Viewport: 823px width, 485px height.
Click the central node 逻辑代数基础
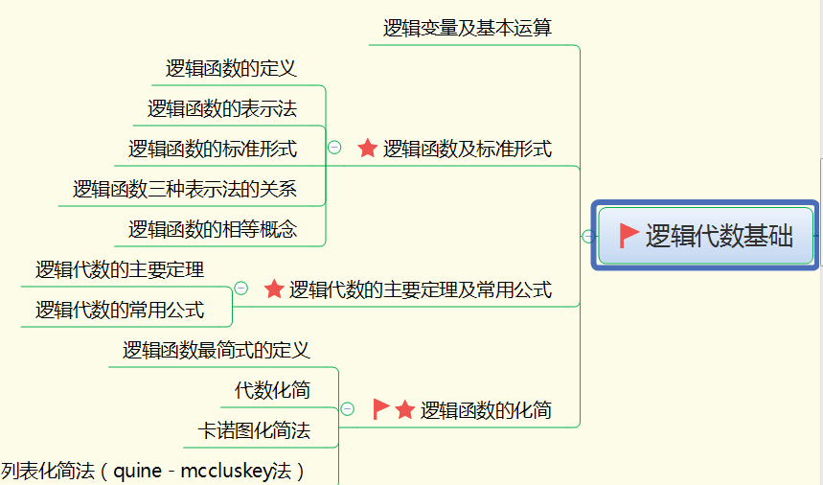(x=719, y=236)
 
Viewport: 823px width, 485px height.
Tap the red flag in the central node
(x=629, y=236)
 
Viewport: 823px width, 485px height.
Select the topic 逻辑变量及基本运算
(x=468, y=28)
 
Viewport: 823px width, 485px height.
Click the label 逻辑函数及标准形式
(x=468, y=149)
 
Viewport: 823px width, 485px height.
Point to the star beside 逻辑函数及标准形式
(x=368, y=149)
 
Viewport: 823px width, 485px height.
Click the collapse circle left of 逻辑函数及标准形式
(x=334, y=148)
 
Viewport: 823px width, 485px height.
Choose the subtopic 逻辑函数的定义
(x=231, y=68)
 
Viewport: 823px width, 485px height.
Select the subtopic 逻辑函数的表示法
(x=222, y=108)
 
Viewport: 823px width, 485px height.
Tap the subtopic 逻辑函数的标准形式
(x=213, y=149)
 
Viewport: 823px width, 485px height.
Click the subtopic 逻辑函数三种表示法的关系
(x=185, y=189)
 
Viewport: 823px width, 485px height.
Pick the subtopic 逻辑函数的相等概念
(x=213, y=229)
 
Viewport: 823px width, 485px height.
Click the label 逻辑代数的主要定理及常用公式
(x=421, y=289)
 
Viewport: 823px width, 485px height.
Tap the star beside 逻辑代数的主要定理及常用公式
(x=274, y=289)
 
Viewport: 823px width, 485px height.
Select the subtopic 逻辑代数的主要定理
(x=120, y=269)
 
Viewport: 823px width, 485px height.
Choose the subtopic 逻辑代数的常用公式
(x=120, y=310)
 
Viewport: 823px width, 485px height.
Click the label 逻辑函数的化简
(x=486, y=410)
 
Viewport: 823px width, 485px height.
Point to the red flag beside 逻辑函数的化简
(x=380, y=409)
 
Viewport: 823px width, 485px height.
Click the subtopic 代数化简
(x=272, y=390)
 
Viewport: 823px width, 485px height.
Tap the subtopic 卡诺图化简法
(x=254, y=430)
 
